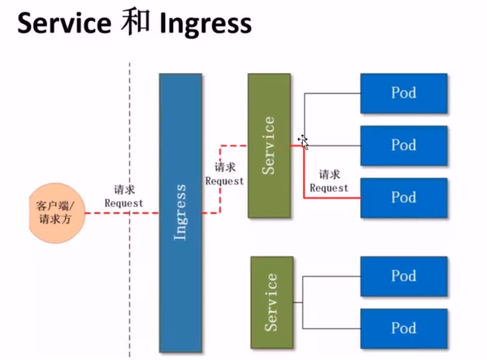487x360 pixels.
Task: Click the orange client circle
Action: pyautogui.click(x=57, y=213)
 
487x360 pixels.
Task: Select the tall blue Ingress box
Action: pyautogui.click(x=180, y=213)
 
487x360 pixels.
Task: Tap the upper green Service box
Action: pyautogui.click(x=269, y=146)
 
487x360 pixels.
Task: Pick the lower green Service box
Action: pyautogui.click(x=272, y=302)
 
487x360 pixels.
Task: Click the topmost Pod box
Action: pyautogui.click(x=404, y=94)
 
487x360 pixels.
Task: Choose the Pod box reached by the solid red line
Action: pyautogui.click(x=404, y=198)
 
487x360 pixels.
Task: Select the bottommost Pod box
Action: pyautogui.click(x=404, y=328)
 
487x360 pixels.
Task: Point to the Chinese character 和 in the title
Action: pyautogui.click(x=135, y=22)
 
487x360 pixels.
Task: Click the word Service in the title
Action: pyautogui.click(x=64, y=23)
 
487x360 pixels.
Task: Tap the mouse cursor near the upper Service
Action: pyautogui.click(x=303, y=142)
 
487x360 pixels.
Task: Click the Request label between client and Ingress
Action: pyautogui.click(x=124, y=203)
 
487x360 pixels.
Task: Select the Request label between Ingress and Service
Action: pyautogui.click(x=224, y=181)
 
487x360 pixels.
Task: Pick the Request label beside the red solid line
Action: pyautogui.click(x=329, y=188)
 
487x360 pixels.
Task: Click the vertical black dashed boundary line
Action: pyautogui.click(x=129, y=210)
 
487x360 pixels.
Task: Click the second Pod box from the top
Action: pyautogui.click(x=404, y=146)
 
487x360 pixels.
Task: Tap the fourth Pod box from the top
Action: pyautogui.click(x=404, y=276)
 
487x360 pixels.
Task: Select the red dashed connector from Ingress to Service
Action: pyautogui.click(x=220, y=179)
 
